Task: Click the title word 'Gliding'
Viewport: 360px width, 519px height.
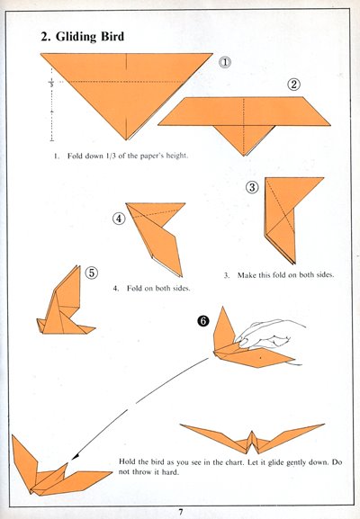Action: pos(76,36)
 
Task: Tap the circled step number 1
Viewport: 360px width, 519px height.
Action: pos(225,62)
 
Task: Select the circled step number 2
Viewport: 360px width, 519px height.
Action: pos(293,85)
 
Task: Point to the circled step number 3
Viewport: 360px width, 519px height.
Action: pos(252,188)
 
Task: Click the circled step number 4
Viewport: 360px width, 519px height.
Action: pos(119,219)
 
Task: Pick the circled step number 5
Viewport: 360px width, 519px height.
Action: pos(92,273)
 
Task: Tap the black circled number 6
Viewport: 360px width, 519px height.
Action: pos(202,321)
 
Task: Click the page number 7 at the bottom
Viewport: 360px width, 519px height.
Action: pos(181,512)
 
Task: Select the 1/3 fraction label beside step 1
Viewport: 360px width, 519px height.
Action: pos(51,83)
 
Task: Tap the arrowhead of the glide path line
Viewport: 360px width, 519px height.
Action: pos(75,457)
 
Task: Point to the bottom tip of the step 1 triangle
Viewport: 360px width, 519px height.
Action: pos(126,139)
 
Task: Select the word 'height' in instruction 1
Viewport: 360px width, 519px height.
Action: pos(176,156)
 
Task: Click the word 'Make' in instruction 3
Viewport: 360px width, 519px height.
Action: pos(246,275)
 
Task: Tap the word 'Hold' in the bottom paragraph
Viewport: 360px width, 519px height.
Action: pos(126,461)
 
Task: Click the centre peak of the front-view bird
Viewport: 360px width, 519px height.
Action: pos(252,432)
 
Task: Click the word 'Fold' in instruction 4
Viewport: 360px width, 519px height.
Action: pos(134,289)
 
